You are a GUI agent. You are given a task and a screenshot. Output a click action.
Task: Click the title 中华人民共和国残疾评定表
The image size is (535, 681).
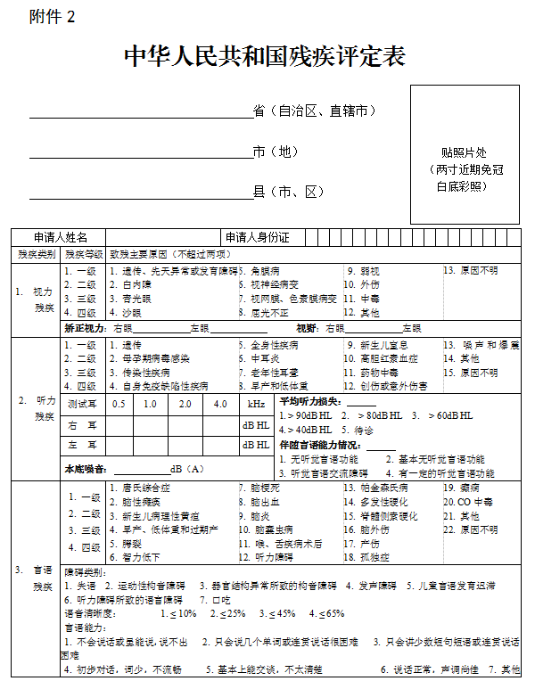click(x=265, y=57)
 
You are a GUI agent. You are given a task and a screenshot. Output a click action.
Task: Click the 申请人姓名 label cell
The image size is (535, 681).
click(x=61, y=238)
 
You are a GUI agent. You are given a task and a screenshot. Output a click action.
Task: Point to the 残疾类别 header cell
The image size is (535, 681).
click(x=37, y=254)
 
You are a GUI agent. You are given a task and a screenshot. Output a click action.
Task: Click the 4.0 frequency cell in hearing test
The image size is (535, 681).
click(x=220, y=404)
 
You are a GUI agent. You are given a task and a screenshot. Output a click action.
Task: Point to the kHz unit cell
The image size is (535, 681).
click(x=255, y=404)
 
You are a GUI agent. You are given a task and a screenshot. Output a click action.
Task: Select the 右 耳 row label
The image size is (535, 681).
click(x=82, y=426)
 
